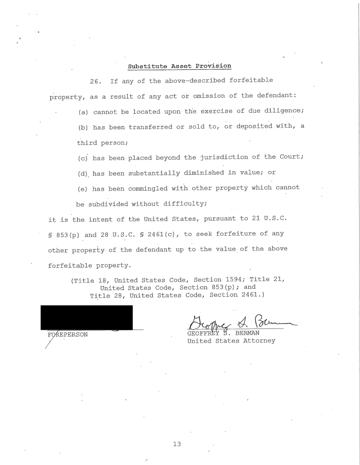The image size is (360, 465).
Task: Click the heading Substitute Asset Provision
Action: click(x=179, y=66)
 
